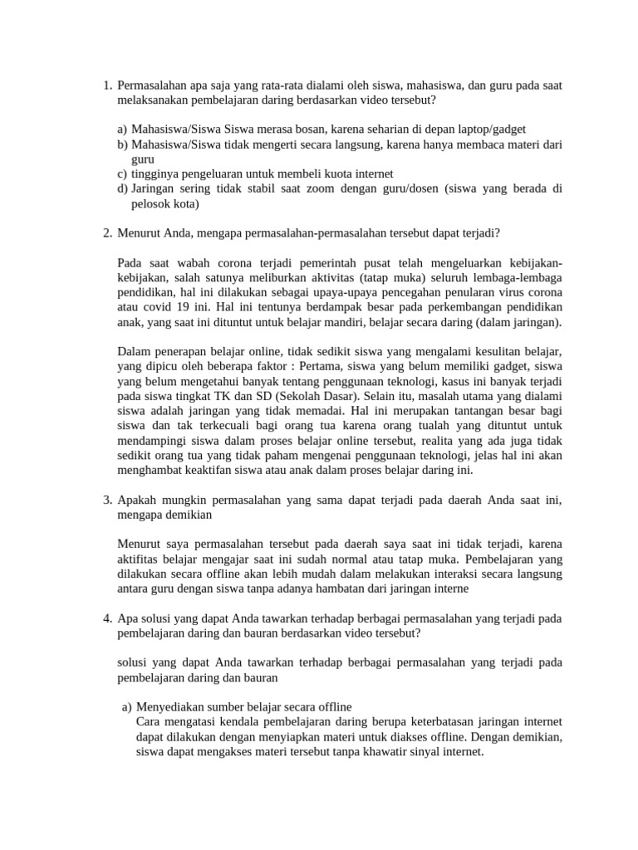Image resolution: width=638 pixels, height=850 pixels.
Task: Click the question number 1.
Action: pos(107,85)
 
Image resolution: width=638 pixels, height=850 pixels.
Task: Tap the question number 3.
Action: pos(107,500)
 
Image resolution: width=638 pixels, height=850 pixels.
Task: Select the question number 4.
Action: pos(107,618)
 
